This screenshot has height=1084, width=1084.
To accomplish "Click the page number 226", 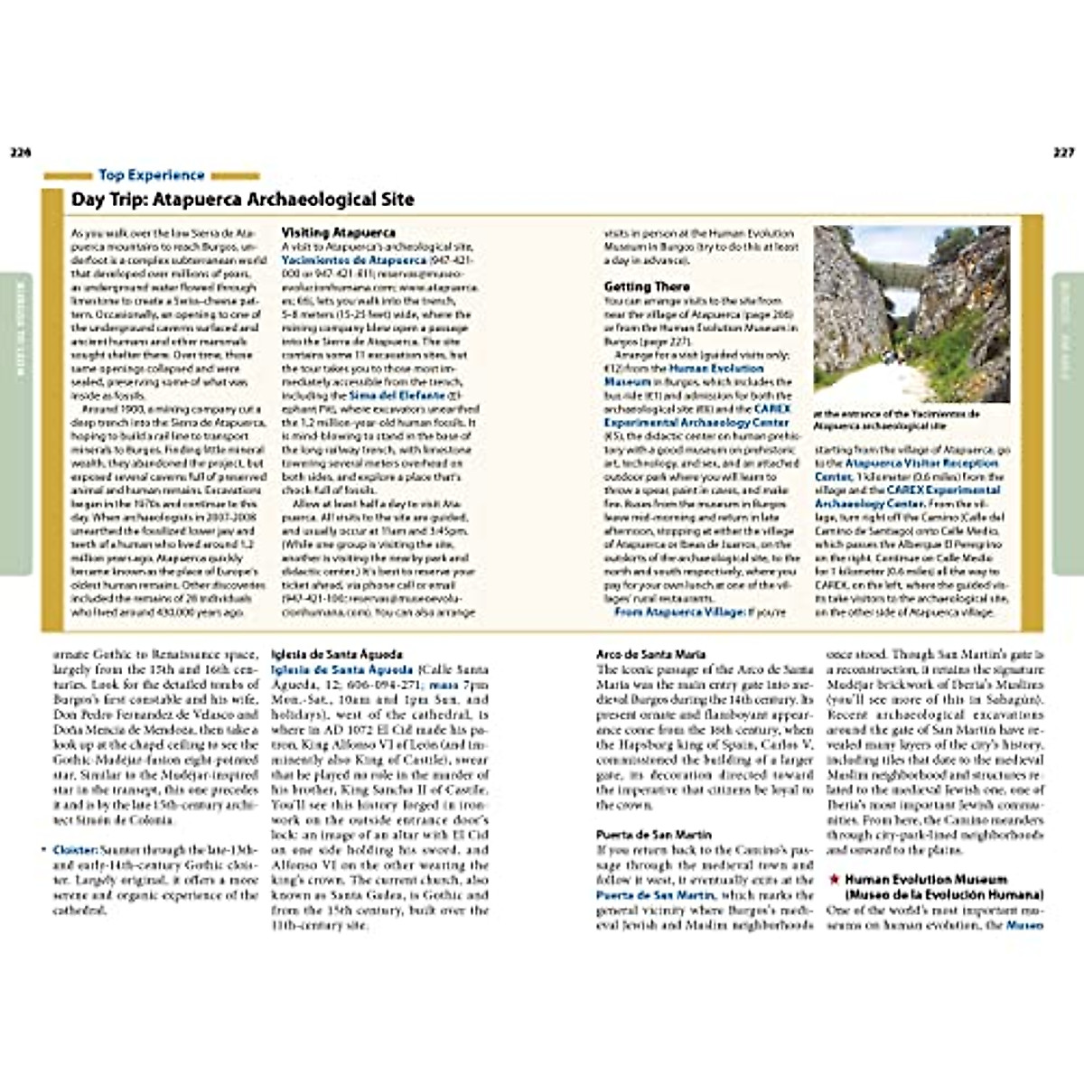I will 20,153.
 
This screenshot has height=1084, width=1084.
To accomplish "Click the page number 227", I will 1063,153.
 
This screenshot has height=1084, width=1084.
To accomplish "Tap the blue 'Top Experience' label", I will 151,175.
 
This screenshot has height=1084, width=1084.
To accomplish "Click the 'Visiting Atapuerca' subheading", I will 338,233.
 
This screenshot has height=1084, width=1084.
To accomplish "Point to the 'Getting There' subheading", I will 647,286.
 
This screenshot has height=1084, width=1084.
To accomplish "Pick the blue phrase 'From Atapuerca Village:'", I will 677,612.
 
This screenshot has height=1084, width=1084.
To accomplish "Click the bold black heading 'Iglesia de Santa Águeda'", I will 337,654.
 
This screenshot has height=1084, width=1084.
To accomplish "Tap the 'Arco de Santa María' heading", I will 650,654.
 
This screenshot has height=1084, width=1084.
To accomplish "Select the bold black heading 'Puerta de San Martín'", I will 654,835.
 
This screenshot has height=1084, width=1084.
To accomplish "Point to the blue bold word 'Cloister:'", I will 75,850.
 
